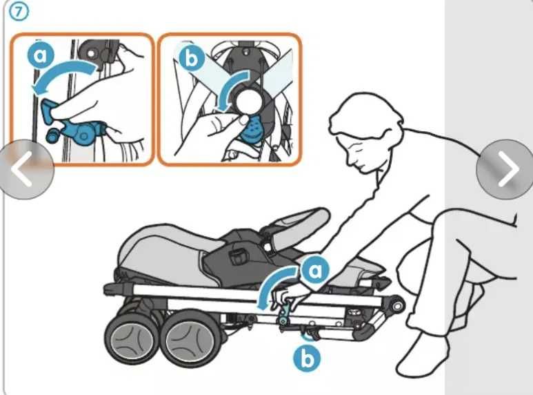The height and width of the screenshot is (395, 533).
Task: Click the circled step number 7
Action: [19, 12]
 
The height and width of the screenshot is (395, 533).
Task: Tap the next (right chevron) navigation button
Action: [505, 169]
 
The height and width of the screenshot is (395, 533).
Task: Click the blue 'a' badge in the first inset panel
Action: [41, 55]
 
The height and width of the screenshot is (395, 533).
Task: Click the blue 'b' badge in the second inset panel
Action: [192, 59]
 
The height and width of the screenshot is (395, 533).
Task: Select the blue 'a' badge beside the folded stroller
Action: [315, 270]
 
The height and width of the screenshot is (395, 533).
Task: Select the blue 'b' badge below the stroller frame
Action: [307, 358]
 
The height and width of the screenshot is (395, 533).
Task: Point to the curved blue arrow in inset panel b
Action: [234, 87]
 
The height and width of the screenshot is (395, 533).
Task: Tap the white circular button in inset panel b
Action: [250, 102]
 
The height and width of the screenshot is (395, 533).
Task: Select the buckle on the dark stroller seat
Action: [239, 257]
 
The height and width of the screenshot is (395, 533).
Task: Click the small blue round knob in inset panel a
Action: [52, 135]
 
